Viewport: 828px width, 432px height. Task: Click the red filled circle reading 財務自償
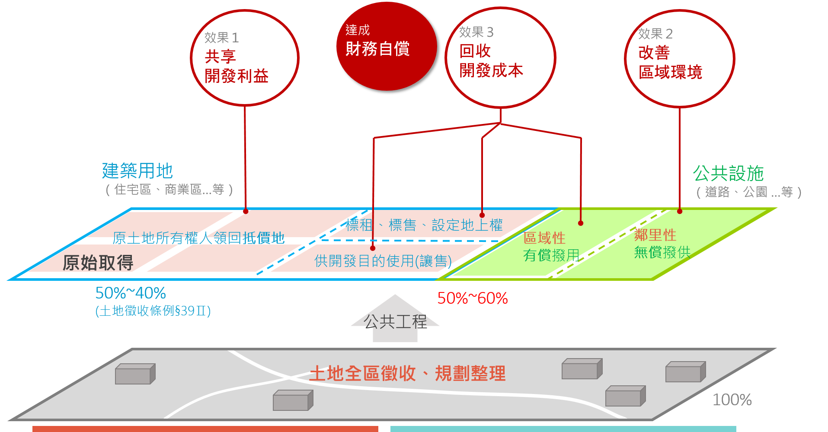coord(386,46)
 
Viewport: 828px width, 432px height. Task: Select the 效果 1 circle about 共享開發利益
coord(245,58)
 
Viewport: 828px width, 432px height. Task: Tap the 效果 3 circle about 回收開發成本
coord(500,57)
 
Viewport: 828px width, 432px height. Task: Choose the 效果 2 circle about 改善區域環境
coord(679,58)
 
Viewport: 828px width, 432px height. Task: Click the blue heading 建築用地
coord(137,171)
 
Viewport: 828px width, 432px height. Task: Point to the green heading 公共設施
coord(728,173)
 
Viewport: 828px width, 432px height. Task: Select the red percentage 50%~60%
coord(472,298)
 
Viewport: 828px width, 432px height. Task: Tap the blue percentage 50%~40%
coord(131,293)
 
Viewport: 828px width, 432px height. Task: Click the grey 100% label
coord(732,400)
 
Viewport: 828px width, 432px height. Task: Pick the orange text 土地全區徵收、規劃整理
coord(407,373)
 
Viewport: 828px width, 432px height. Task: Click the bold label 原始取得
coord(98,263)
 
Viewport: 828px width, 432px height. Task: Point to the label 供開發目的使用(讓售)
coord(383,261)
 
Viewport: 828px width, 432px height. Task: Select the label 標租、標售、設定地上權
coord(424,225)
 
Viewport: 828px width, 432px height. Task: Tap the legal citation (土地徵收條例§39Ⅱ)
coord(153,311)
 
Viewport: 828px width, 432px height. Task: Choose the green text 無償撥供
coord(662,252)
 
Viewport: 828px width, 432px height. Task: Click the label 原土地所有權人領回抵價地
coord(198,238)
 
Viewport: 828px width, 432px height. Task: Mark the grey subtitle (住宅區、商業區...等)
coord(169,189)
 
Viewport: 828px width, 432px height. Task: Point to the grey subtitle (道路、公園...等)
coord(749,192)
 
